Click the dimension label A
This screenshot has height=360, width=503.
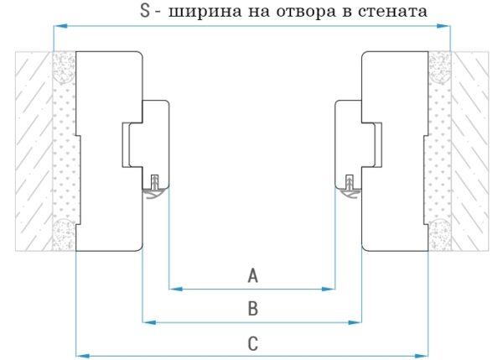pos(252,275)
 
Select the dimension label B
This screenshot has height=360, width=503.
pos(252,309)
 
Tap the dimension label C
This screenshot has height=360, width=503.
pos(252,342)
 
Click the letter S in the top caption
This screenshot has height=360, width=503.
pos(145,12)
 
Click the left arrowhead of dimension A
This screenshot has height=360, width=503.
pos(174,290)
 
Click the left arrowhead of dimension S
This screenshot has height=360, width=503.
pos(57,27)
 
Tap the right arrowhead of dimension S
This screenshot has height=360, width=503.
pos(446,27)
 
